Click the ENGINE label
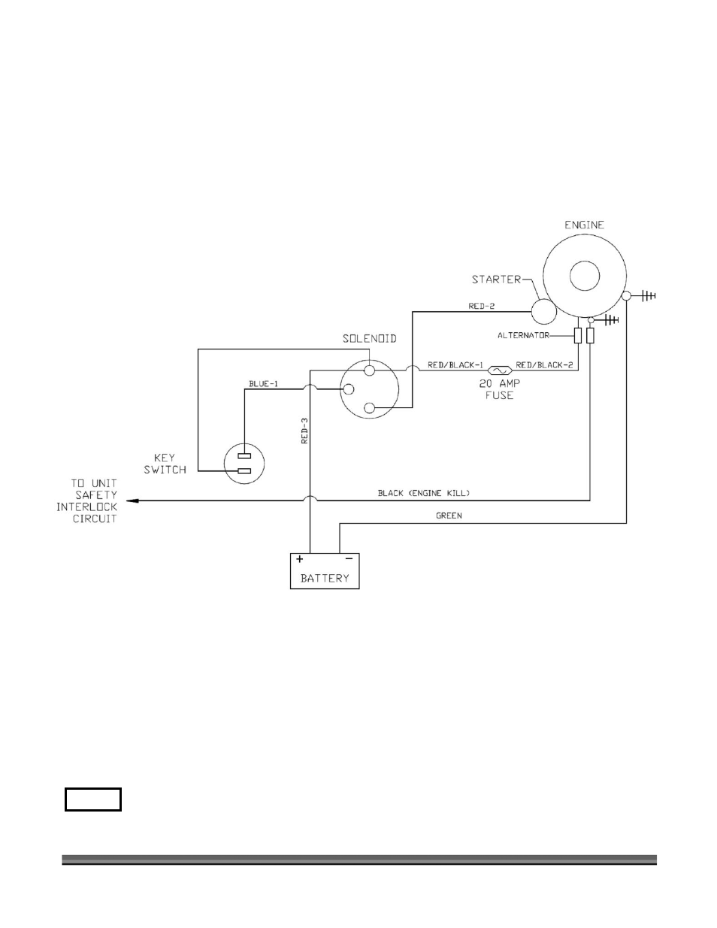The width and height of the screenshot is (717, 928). pos(584,225)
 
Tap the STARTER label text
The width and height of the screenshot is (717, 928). pos(496,280)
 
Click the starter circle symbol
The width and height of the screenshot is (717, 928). pos(544,310)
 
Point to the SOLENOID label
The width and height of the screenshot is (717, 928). pos(365,339)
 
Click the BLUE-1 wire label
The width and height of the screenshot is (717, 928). pos(264,384)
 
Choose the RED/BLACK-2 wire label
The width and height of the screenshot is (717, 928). pos(543,364)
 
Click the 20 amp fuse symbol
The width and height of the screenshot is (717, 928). pos(499,370)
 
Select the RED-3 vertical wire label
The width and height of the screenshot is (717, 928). pos(305,431)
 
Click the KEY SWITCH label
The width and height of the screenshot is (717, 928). pos(165,464)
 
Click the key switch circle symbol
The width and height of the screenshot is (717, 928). pos(245,464)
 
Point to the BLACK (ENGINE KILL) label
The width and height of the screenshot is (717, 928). pos(424,494)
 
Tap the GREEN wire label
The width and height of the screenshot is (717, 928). pos(449,516)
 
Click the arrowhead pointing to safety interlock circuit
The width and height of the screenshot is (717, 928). pos(131,500)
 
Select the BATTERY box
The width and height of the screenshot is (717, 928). pos(325,572)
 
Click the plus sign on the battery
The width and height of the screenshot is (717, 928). pos(300,559)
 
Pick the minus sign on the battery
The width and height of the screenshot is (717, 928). pos(348,559)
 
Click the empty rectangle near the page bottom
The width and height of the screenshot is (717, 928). pos(93,800)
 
